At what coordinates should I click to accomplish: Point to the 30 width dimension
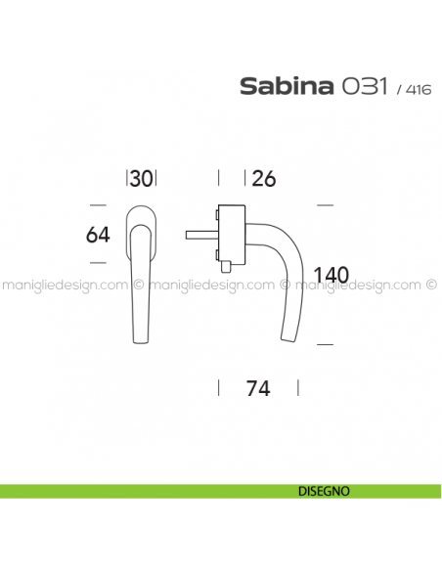click(143, 178)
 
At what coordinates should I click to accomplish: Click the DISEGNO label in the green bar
click(320, 491)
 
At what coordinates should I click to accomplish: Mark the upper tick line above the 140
click(327, 205)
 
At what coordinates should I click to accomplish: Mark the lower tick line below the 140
click(327, 343)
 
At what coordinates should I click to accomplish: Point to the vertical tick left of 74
click(218, 387)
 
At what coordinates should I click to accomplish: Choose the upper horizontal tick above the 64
click(98, 205)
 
